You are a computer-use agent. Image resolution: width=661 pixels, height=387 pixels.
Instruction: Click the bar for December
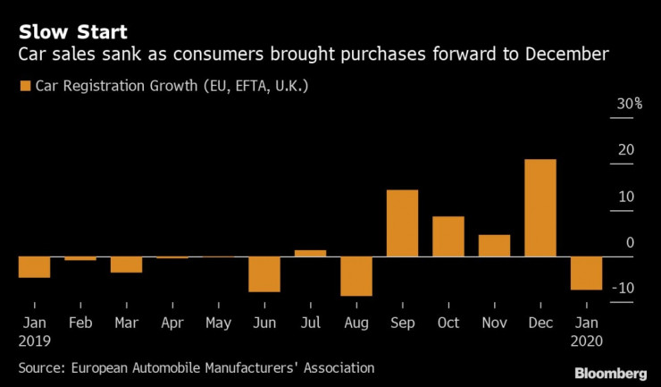click(x=540, y=208)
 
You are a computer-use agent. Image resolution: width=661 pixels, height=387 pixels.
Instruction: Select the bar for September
click(x=402, y=223)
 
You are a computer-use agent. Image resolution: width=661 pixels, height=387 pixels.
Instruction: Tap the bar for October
click(x=448, y=237)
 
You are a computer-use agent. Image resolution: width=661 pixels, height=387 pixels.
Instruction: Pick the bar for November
click(x=494, y=246)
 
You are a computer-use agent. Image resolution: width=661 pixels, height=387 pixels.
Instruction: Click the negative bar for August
click(x=356, y=276)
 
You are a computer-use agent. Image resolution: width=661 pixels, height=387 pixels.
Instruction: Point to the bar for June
click(x=264, y=274)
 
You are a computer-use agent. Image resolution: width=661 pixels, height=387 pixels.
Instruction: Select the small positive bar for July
click(x=310, y=253)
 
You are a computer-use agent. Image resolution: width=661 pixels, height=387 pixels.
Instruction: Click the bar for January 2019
click(x=34, y=267)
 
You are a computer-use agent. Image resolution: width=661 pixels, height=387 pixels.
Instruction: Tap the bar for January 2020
click(x=586, y=273)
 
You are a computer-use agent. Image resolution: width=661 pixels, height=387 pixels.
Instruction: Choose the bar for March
click(x=126, y=265)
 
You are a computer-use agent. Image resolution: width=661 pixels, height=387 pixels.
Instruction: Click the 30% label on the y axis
click(x=629, y=105)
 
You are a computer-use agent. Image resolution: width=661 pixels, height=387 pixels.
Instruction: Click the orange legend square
click(x=24, y=87)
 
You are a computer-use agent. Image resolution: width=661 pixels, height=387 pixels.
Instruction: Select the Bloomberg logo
click(x=609, y=371)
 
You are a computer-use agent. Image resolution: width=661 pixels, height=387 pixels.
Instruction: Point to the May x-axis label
click(x=218, y=322)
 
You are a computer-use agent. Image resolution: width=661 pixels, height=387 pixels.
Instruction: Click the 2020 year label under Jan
click(x=586, y=341)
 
